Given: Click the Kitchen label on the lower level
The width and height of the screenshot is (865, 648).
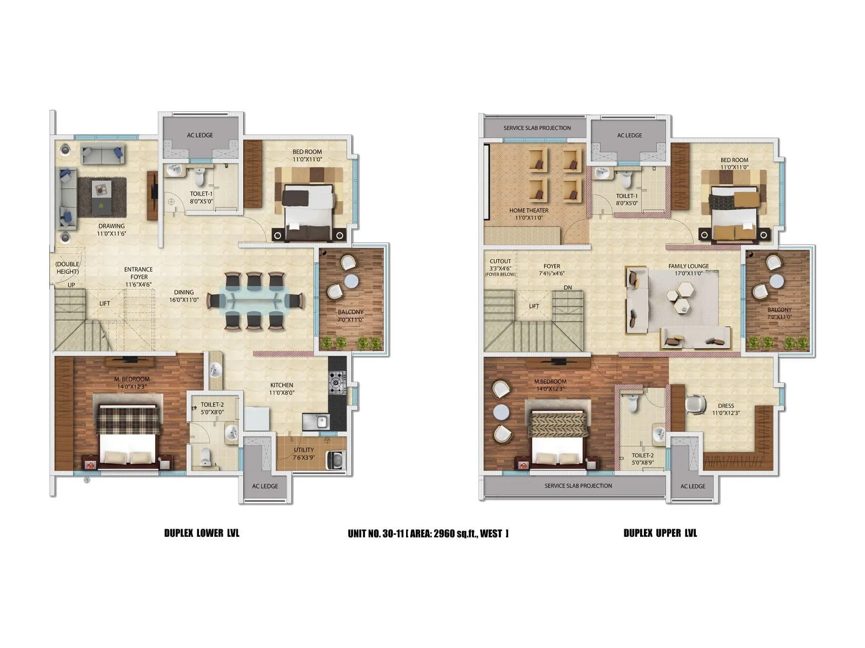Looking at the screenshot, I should point(282,385).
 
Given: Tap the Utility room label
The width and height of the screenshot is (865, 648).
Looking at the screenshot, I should point(304,450).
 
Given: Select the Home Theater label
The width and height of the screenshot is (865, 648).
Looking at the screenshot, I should point(529,211).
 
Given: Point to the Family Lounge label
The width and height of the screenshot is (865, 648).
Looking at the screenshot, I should point(688,266).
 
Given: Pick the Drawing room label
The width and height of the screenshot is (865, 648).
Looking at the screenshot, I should point(111,226).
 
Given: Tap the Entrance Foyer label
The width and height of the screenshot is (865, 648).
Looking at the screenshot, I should point(138,269).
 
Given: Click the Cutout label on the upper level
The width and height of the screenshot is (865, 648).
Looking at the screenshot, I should point(500,261).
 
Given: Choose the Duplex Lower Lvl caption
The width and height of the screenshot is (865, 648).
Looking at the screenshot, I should point(202,533).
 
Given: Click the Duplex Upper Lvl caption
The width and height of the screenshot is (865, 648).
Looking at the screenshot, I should point(660,533).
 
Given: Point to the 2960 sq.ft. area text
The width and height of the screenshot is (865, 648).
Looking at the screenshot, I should point(457,534).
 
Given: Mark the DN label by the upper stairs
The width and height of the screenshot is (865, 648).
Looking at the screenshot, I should point(567,287).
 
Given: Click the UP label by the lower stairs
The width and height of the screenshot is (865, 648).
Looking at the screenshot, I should point(71,285).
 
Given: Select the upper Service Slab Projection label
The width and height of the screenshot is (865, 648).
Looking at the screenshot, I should point(537,128).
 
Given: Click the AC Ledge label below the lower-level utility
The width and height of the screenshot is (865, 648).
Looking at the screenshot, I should point(265,486).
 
